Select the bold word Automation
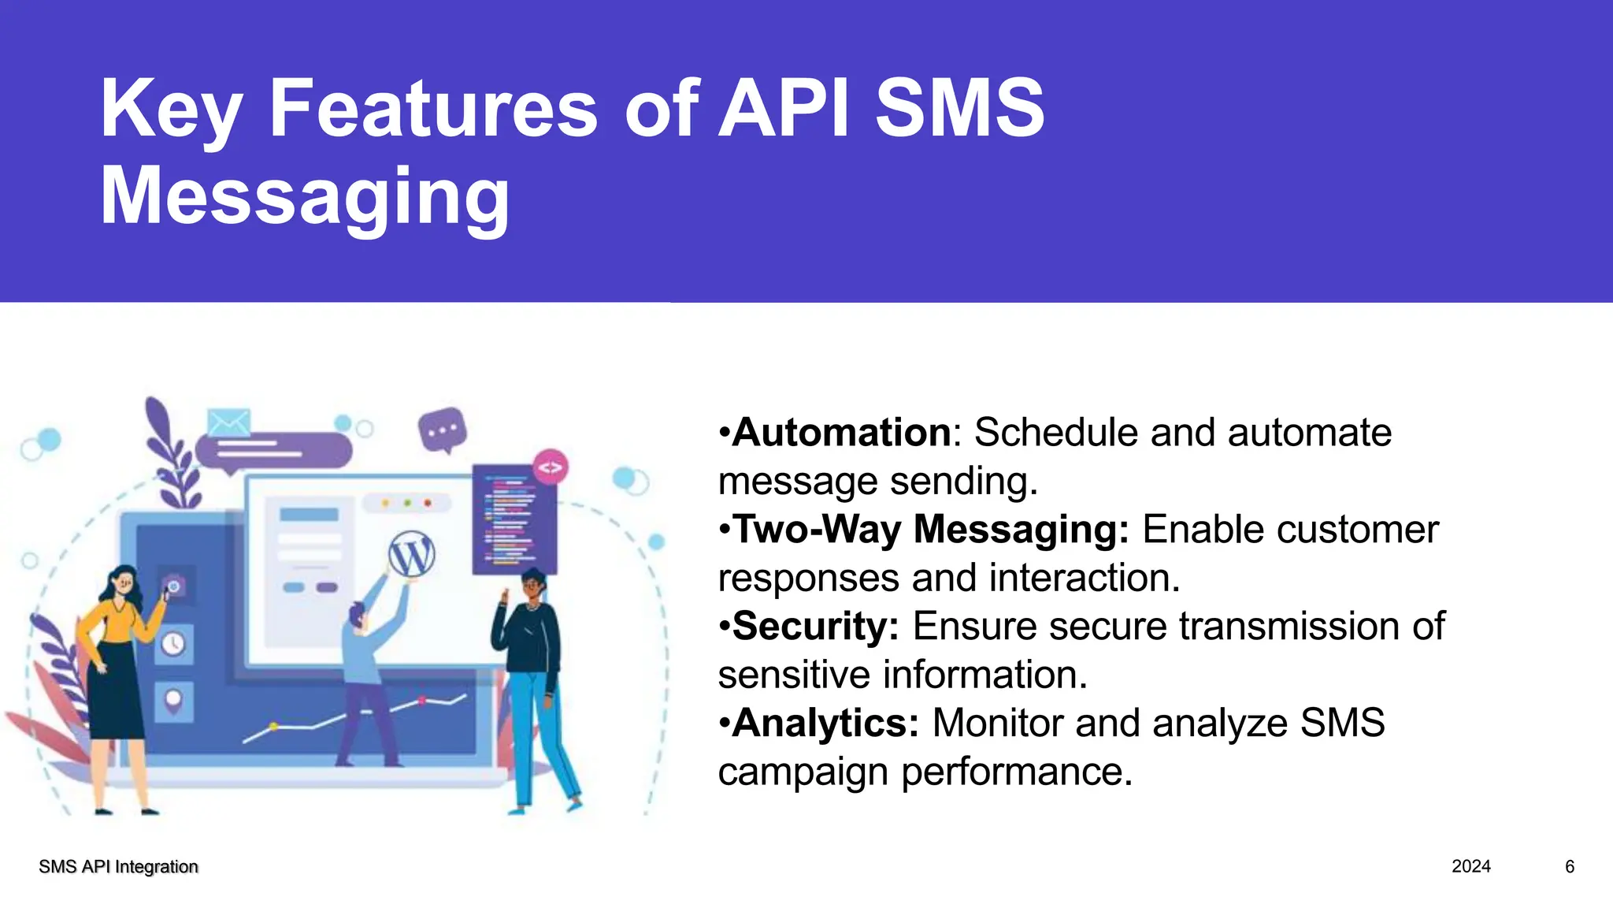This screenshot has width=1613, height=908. coord(842,433)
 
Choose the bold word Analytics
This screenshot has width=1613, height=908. coord(825,724)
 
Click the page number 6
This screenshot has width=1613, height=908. coord(1569,867)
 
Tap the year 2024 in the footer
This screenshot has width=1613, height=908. coord(1470,867)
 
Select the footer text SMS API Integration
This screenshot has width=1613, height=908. coord(118,867)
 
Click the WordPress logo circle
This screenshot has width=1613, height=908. coord(411,556)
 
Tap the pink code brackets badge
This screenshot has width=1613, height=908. coord(550,467)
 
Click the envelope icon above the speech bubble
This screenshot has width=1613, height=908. coord(228,422)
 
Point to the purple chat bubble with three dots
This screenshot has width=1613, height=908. coord(443,430)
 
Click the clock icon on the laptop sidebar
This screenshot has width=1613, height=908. coord(173,644)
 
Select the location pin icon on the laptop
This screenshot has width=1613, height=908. coord(173,699)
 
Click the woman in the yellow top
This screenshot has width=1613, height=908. coord(118,670)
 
